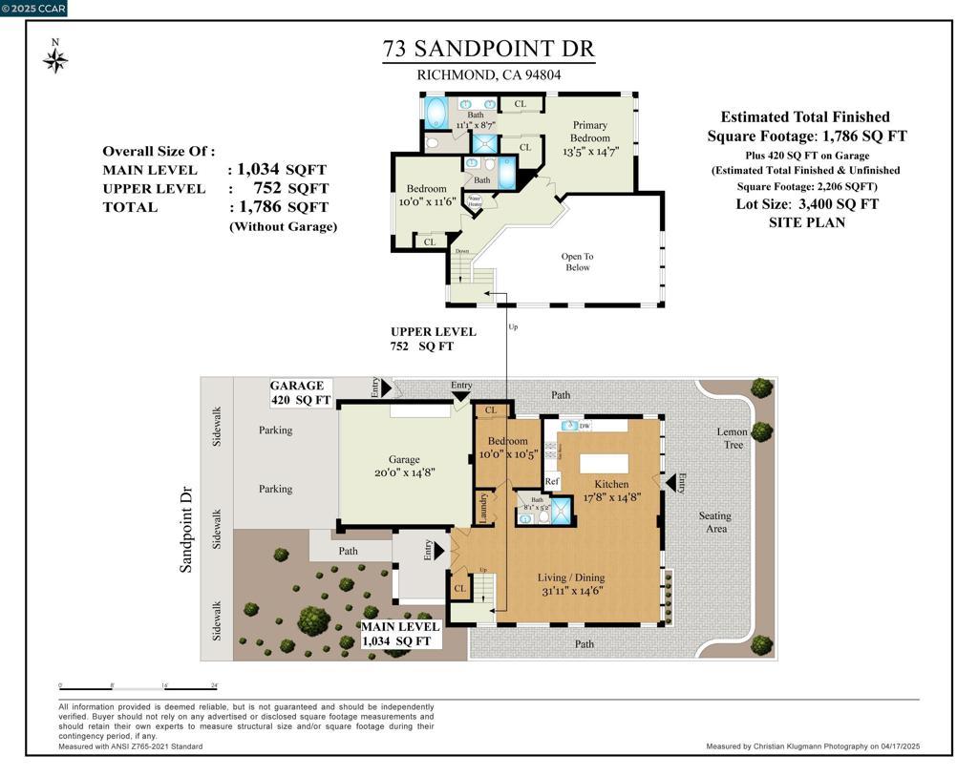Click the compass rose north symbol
[x=54, y=59]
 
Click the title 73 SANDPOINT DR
[x=488, y=49]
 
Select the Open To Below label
[x=577, y=262]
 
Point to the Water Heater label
[x=474, y=203]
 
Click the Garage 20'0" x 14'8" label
[x=404, y=466]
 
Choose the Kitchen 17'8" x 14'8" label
[x=612, y=491]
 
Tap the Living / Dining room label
[x=571, y=583]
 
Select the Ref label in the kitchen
[x=551, y=482]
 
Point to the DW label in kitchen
[x=584, y=426]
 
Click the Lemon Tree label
[x=733, y=438]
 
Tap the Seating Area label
[x=716, y=522]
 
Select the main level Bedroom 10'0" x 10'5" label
[x=507, y=448]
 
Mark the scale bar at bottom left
[x=138, y=686]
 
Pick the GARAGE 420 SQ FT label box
[x=300, y=393]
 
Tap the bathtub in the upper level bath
[x=436, y=113]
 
